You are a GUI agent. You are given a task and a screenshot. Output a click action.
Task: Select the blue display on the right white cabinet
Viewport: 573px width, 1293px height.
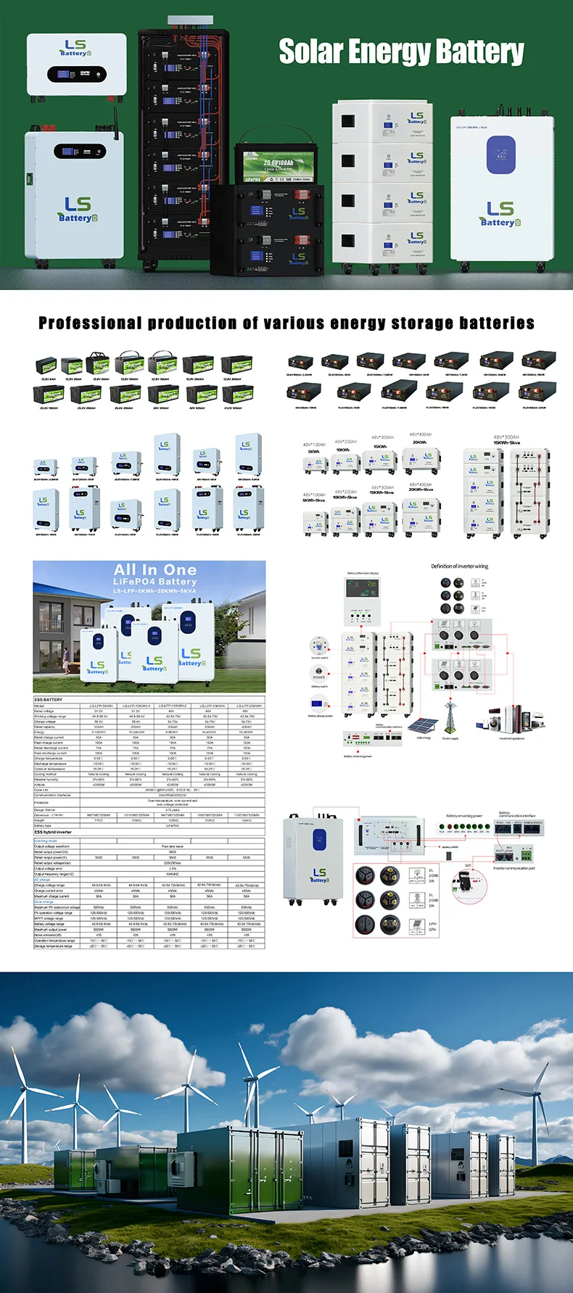coord(500,154)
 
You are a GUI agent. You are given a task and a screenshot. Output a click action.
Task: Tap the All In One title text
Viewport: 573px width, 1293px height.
coord(154,570)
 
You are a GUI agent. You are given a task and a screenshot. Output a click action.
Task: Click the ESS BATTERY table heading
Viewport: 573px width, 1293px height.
coord(49,700)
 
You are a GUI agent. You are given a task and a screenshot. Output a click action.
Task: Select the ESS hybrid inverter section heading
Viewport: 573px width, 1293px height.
coord(53,832)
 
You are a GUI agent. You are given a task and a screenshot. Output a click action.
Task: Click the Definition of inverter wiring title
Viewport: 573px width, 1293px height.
coord(459,566)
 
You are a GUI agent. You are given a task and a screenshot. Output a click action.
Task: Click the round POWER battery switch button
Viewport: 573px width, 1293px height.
coord(319,670)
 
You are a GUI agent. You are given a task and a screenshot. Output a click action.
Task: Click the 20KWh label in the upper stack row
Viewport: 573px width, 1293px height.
coord(419,442)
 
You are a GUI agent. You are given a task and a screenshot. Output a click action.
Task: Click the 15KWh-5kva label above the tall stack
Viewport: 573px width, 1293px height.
coord(506,442)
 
